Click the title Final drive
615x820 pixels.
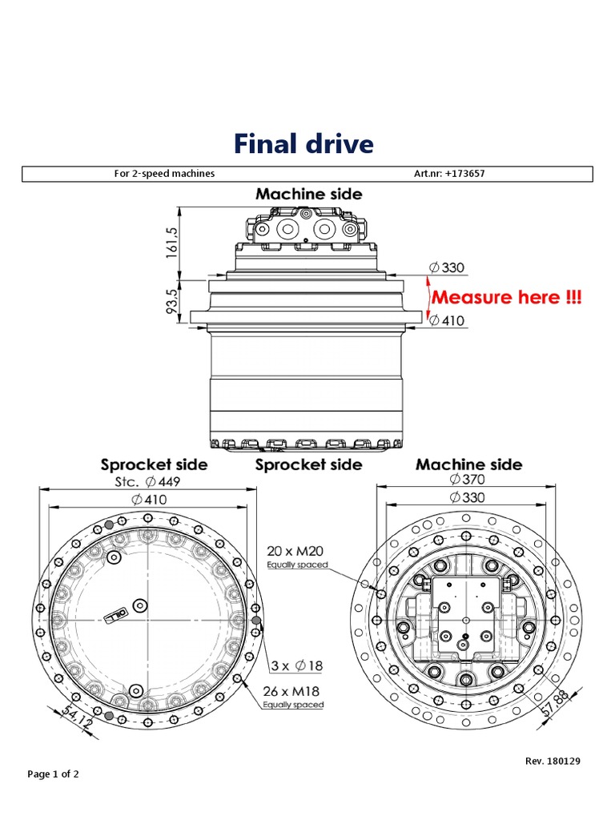pos(303,144)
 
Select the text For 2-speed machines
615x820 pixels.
pos(165,174)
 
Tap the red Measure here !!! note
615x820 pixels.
pos(507,297)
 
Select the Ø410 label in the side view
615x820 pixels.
pos(446,321)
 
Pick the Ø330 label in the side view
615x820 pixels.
pos(446,267)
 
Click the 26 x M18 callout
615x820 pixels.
pos(293,690)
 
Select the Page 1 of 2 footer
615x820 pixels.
pos(53,774)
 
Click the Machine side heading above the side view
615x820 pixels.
pos(308,194)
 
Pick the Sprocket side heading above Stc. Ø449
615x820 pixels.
pos(154,464)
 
